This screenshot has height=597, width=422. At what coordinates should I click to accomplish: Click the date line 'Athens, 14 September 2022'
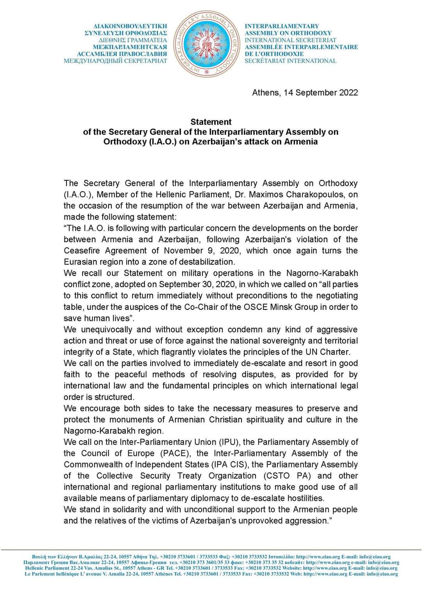pos(305,93)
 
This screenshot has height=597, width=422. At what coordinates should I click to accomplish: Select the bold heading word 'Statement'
pos(211,122)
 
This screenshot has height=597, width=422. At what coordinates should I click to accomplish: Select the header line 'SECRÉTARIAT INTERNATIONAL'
pos(290,61)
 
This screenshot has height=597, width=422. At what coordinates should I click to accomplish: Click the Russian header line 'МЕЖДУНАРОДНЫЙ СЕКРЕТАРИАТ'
pos(116,61)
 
